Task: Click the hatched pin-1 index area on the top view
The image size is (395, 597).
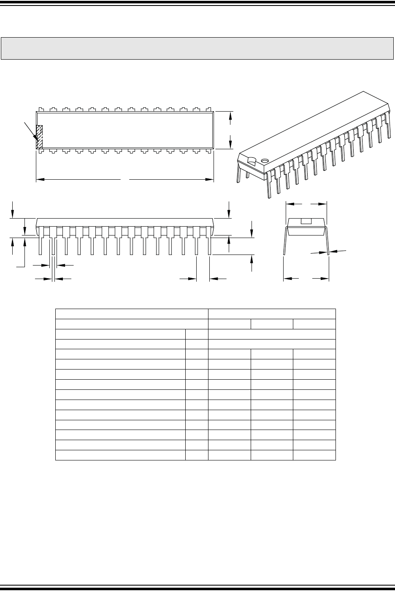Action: pos(40,137)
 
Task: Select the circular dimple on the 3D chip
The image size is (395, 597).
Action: pos(265,161)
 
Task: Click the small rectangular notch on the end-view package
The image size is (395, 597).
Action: pos(306,221)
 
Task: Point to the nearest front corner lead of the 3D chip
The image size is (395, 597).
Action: pos(269,186)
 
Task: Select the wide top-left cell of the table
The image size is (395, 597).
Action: pos(132,314)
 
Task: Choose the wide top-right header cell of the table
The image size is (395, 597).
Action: pos(272,314)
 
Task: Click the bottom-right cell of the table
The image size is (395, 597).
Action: pos(314,455)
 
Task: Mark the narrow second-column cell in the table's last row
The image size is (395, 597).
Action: pos(197,455)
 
